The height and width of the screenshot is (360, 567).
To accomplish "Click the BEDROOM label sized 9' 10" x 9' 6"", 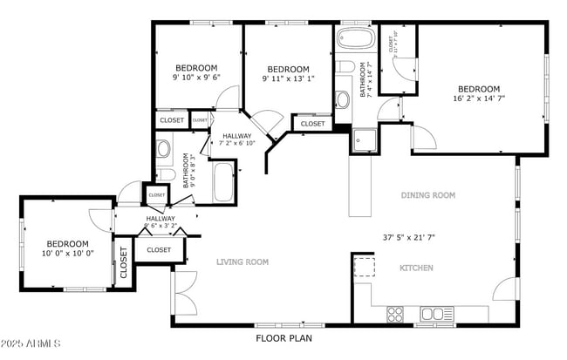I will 197,68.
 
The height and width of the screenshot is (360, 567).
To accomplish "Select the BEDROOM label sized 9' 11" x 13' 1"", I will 288,70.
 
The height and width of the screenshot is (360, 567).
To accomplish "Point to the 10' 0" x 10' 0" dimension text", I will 67,254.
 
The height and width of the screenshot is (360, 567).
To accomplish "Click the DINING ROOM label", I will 427,196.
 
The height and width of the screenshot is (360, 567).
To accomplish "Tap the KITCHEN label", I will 416,268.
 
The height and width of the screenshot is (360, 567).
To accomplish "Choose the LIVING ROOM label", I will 243,262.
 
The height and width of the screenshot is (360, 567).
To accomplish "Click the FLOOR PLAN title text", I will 283,337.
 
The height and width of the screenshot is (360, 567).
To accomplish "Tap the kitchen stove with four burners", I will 394,313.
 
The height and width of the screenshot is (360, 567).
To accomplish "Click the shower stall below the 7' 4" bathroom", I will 364,139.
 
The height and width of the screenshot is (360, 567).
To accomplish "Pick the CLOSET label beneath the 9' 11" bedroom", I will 311,124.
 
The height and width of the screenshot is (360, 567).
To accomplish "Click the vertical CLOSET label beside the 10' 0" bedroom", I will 123,262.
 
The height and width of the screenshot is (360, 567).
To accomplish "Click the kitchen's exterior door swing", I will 505,291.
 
